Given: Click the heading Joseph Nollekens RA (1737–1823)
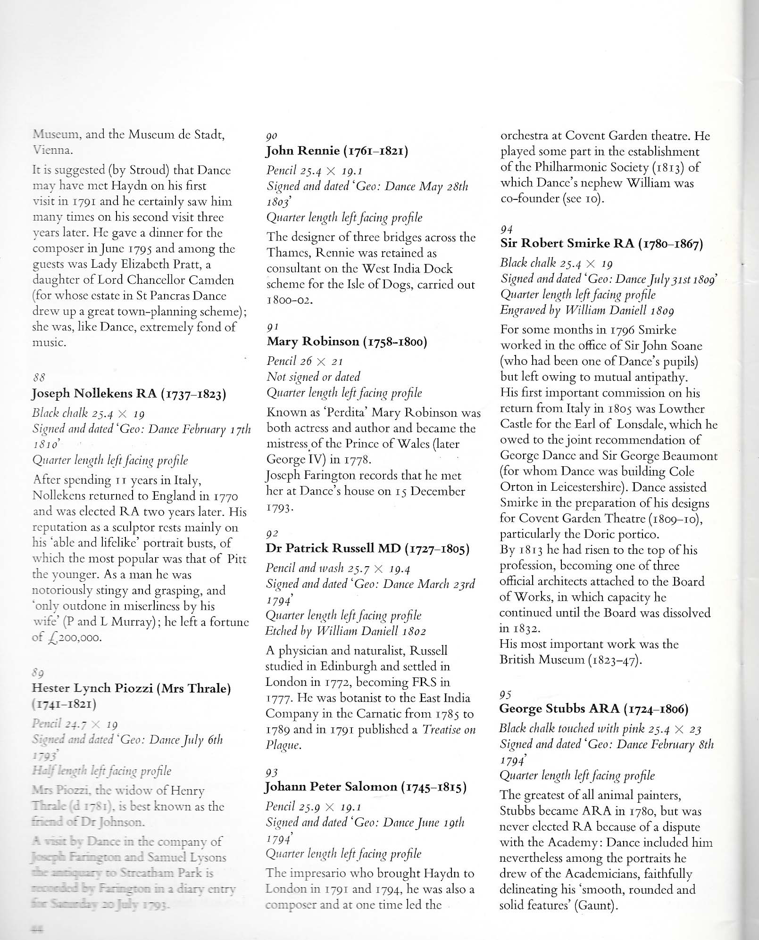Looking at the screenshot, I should (x=129, y=394).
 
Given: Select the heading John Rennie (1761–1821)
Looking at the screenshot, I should (x=337, y=151).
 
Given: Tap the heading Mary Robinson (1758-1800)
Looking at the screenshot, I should (x=347, y=341).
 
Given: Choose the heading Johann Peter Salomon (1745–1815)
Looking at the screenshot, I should (x=366, y=787).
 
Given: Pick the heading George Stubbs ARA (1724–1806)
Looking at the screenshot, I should (x=594, y=709).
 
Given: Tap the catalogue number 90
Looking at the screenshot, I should (x=271, y=136).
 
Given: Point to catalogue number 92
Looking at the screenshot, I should (x=272, y=533).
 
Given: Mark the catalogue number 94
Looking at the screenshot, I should (x=506, y=229).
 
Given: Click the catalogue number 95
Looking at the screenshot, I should (x=505, y=694).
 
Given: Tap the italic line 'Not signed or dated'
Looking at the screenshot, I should (x=313, y=377).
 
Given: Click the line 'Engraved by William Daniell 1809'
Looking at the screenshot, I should (x=587, y=310).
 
